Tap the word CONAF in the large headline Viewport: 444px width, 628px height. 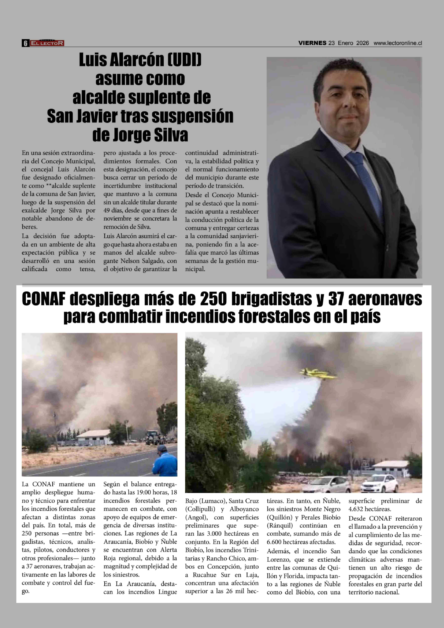click(x=44, y=299)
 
